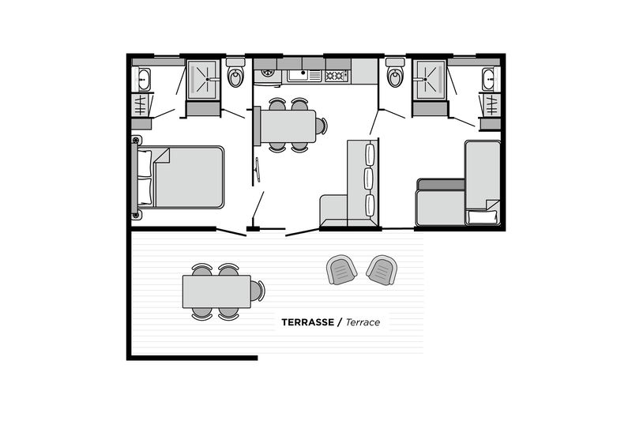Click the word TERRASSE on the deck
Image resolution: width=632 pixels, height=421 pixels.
pyautogui.click(x=307, y=322)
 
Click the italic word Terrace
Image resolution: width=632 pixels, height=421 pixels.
pyautogui.click(x=363, y=322)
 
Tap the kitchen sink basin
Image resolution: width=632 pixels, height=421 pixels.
pyautogui.click(x=298, y=75)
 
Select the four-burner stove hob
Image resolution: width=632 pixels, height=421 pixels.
pyautogui.click(x=337, y=75)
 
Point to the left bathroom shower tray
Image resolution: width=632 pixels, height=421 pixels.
pyautogui.click(x=204, y=79)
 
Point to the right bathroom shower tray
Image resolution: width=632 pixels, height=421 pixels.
pyautogui.click(x=431, y=79)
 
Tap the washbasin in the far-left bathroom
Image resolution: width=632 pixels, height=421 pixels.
pyautogui.click(x=144, y=79)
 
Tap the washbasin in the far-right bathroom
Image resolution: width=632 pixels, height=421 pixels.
pyautogui.click(x=488, y=79)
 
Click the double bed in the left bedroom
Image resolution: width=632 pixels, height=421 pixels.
pyautogui.click(x=180, y=177)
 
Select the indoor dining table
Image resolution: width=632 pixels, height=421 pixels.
pyautogui.click(x=288, y=126)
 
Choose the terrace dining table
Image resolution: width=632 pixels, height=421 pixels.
pyautogui.click(x=216, y=291)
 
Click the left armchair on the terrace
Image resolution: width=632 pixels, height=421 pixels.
pyautogui.click(x=341, y=269)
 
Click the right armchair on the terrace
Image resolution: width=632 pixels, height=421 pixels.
pyautogui.click(x=382, y=269)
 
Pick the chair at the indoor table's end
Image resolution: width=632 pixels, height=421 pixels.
pyautogui.click(x=322, y=126)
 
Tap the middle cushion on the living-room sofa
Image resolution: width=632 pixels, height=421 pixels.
pyautogui.click(x=369, y=179)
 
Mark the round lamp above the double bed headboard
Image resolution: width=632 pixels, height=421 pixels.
pyautogui.click(x=137, y=140)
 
